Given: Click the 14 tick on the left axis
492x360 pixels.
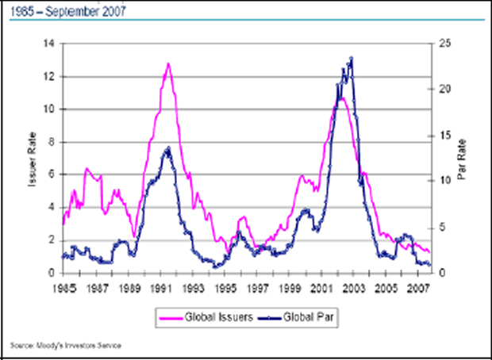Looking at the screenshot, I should click(x=49, y=44).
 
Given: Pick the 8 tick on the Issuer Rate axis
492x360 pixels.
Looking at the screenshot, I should click(x=52, y=142).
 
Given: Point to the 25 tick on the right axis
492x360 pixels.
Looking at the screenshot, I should click(x=447, y=44).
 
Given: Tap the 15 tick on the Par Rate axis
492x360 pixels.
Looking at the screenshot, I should click(x=447, y=136).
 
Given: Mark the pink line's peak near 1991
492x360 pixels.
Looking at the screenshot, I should click(x=168, y=63).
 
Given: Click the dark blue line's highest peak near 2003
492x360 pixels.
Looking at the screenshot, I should click(x=351, y=58).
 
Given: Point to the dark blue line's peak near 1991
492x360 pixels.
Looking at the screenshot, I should click(x=167, y=148).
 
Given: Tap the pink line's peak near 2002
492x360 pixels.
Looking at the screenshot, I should click(x=340, y=98).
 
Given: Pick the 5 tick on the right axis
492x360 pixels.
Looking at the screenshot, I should click(x=444, y=228).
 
